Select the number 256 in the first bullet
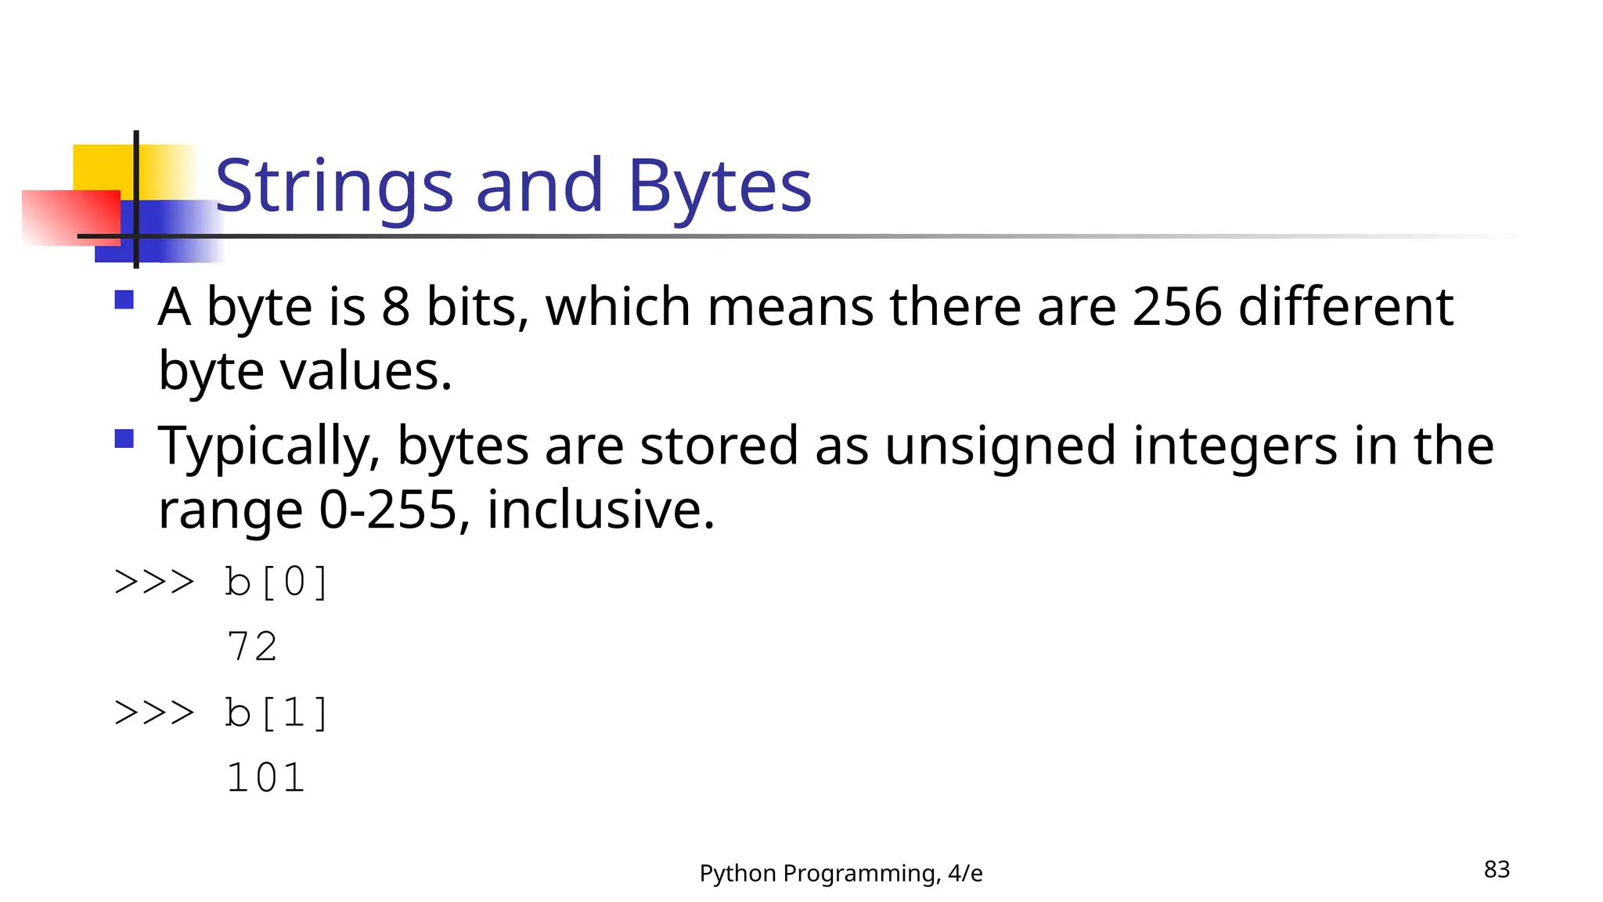[x=1176, y=306]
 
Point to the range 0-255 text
[x=387, y=511]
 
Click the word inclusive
[x=600, y=511]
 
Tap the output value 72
[x=252, y=647]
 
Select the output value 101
[x=265, y=778]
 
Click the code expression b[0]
[x=276, y=583]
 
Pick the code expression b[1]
[x=276, y=713]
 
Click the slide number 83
[x=1497, y=869]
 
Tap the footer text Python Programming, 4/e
[x=841, y=873]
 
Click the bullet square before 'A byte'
[x=124, y=300]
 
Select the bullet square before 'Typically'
[x=124, y=438]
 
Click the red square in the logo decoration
[x=70, y=217]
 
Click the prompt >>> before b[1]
[x=154, y=713]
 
